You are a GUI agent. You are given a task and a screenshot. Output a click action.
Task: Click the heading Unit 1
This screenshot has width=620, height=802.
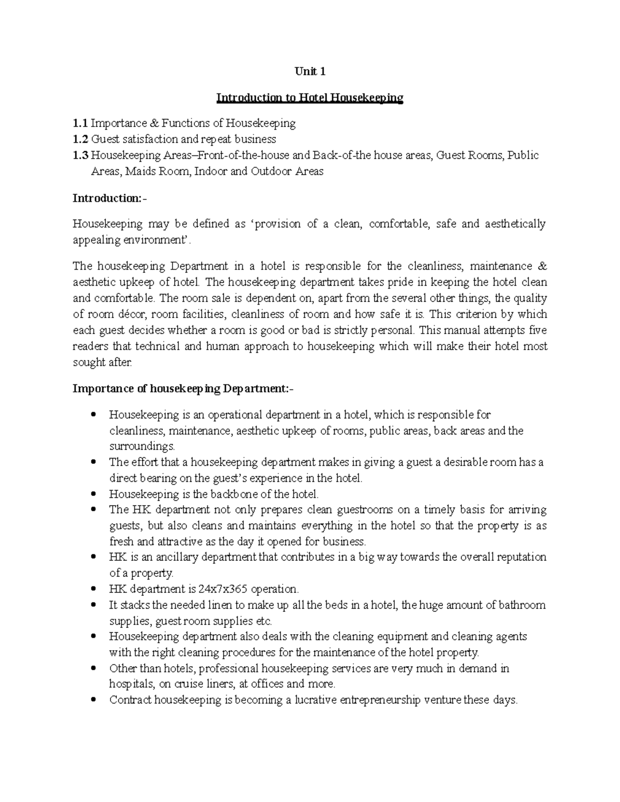point(310,72)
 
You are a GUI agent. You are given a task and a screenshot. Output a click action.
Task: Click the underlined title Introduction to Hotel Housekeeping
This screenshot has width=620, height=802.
point(309,98)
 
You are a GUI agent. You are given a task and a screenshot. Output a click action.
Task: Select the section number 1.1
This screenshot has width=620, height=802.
point(80,123)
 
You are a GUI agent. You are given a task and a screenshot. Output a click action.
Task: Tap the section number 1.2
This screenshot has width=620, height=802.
point(80,139)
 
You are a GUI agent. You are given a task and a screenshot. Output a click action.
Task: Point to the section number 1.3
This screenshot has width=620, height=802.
point(80,155)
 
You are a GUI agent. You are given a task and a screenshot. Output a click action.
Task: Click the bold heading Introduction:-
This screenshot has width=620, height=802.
point(110,198)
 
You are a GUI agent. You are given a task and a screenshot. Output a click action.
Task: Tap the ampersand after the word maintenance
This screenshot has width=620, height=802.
point(542,266)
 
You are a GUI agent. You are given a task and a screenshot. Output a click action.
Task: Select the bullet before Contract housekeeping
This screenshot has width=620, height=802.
point(94,700)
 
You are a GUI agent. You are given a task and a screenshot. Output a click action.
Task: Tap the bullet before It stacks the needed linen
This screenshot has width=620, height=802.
point(94,604)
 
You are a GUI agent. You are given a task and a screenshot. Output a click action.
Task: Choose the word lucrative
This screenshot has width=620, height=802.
point(317,700)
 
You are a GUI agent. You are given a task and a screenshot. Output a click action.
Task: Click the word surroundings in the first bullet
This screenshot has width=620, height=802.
point(142,446)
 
